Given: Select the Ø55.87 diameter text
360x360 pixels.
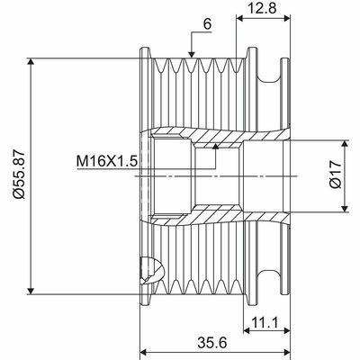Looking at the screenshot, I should point(19,176).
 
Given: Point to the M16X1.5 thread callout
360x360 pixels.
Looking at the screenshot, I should point(104,161).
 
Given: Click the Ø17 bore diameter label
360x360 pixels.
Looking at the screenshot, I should point(334,177).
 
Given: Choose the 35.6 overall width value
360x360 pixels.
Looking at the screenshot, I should point(216,342).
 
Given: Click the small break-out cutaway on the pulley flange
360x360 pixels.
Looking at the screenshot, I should point(151,269).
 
